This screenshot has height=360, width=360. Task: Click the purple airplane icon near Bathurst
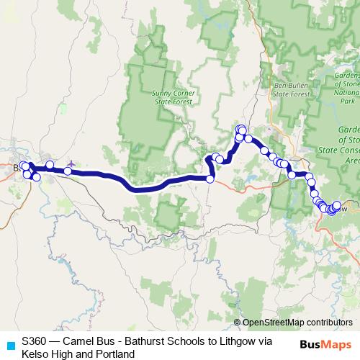(70, 164)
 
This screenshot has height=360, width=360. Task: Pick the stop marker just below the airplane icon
(68, 171)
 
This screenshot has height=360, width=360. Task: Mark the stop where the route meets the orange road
(210, 179)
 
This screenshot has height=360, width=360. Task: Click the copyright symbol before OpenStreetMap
(238, 323)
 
